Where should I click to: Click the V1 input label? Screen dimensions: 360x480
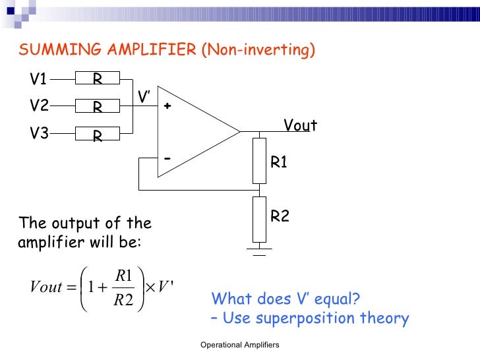tap(38, 80)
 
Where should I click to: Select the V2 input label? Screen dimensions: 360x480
tap(38, 106)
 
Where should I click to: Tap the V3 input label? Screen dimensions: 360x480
tap(38, 134)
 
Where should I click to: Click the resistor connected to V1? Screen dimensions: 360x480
tap(97, 79)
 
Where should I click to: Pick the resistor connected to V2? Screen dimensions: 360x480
tap(97, 106)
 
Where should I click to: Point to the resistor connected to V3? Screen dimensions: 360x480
tap(97, 135)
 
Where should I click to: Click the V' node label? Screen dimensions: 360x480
tap(144, 98)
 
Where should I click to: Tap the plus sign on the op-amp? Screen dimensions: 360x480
tap(167, 106)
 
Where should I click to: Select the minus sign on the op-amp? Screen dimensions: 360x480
tap(167, 159)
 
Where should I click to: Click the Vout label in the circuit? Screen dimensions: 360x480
tap(300, 125)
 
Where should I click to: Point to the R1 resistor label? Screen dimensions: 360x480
tap(280, 162)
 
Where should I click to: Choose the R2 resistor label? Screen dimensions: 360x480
tap(280, 216)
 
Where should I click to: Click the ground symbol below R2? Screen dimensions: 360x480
tap(259, 249)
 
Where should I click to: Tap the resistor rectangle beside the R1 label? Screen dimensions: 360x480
tap(259, 160)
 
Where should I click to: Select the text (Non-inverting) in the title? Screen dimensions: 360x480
tap(259, 50)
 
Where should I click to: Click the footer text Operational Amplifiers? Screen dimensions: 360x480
tap(240, 345)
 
